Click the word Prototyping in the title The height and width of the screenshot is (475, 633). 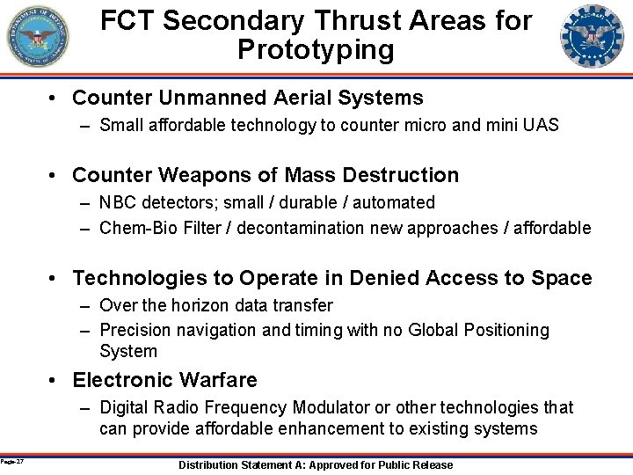pos(316,49)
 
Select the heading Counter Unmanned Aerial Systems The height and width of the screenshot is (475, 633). pos(248,98)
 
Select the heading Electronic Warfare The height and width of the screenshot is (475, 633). pos(165,380)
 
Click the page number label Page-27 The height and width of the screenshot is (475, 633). pos(12,461)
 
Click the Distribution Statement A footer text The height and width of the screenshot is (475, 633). pos(316,464)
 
